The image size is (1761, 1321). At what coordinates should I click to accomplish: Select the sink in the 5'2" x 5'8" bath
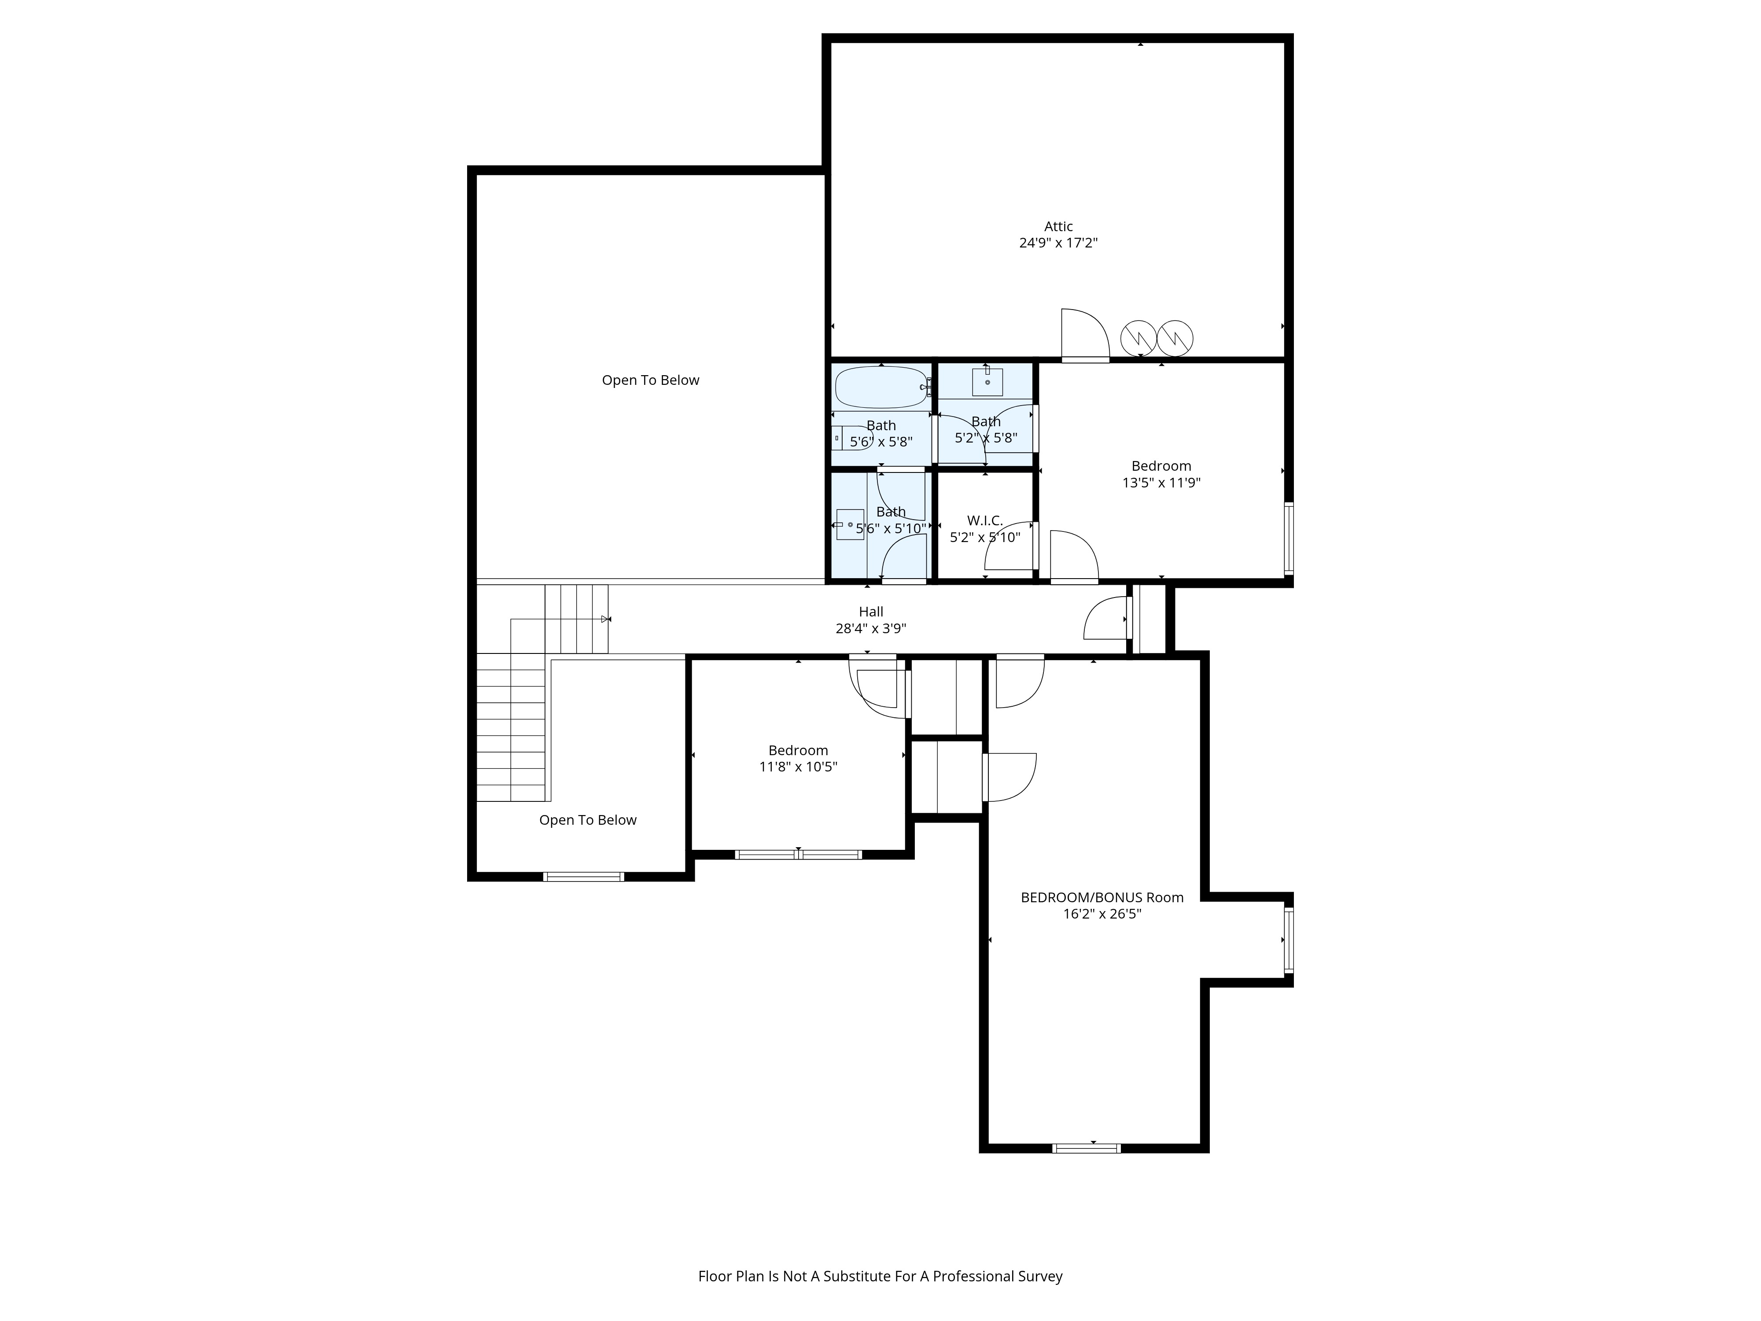[x=987, y=382]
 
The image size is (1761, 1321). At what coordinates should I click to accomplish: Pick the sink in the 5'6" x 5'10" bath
[x=849, y=525]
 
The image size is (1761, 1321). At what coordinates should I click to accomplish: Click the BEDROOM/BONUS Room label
[x=1102, y=897]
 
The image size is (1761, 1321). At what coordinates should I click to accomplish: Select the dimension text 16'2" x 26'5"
[x=1102, y=914]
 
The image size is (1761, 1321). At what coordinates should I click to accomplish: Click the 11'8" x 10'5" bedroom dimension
[x=799, y=767]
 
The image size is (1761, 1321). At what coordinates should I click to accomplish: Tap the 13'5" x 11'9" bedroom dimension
[x=1161, y=483]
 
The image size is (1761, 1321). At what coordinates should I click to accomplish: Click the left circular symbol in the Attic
[x=1138, y=339]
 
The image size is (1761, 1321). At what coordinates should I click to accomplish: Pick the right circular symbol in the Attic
[x=1175, y=339]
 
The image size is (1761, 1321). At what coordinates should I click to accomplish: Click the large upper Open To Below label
[x=650, y=380]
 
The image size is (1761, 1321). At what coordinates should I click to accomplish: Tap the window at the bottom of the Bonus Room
[x=1087, y=1148]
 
